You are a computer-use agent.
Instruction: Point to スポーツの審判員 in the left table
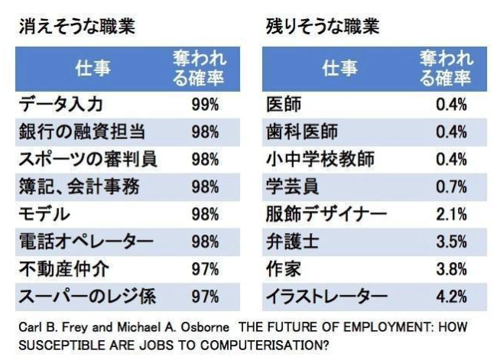(x=86, y=159)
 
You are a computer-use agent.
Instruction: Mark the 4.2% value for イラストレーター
(x=451, y=295)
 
